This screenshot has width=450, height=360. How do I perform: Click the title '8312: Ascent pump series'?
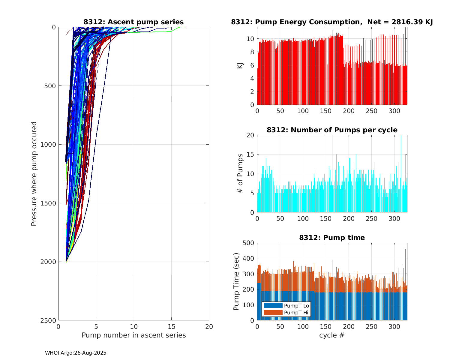(x=133, y=22)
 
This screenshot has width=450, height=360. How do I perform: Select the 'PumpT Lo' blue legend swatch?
(x=273, y=306)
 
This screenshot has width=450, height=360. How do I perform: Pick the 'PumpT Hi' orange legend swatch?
(x=273, y=313)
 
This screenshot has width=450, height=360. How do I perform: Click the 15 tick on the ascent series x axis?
(x=171, y=326)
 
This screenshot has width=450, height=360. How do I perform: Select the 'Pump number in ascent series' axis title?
(x=133, y=335)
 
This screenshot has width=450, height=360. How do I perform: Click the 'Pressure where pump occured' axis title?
(x=34, y=174)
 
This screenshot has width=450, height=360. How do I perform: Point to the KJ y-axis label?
(x=240, y=66)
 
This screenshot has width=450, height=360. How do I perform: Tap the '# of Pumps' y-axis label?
(x=240, y=173)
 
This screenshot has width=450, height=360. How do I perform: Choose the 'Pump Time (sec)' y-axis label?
(x=236, y=282)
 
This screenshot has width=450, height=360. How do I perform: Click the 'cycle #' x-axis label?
(x=332, y=335)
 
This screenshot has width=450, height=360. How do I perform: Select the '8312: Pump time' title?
(x=332, y=238)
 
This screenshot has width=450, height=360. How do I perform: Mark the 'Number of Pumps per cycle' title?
(x=332, y=130)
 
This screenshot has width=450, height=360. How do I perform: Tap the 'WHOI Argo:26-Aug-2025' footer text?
(x=76, y=353)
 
